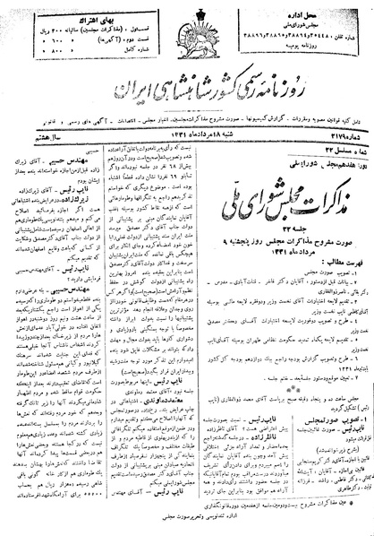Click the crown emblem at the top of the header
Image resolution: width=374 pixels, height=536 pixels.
coord(186,16)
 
